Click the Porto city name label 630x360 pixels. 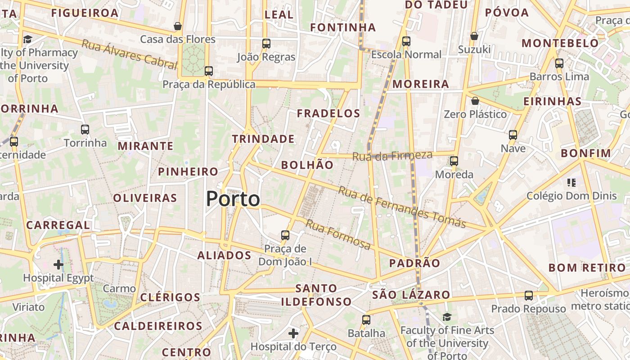point(233,199)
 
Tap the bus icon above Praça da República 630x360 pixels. point(208,71)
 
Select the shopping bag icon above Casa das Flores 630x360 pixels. point(178,26)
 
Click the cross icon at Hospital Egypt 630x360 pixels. point(58,264)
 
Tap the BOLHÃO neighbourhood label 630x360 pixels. point(307,165)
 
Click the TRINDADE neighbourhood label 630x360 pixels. point(263,139)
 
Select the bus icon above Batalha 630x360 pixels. point(366,320)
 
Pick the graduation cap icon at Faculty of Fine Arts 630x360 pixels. point(446,317)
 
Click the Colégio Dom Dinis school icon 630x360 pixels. point(571,183)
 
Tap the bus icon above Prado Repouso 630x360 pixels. point(529,296)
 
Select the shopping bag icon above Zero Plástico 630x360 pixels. point(475,101)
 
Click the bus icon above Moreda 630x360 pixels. point(454,161)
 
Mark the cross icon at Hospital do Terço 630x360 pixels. point(293,333)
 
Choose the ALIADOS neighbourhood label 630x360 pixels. point(224,256)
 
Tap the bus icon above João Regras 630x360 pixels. point(266,44)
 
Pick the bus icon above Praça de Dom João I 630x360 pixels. point(285,235)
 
